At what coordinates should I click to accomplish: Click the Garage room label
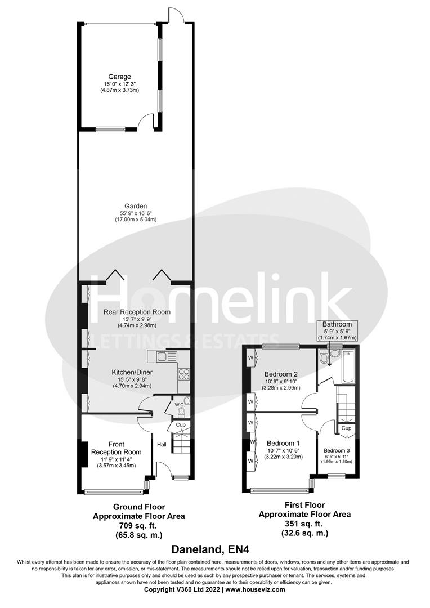(120, 77)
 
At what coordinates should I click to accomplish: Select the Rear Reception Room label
(137, 311)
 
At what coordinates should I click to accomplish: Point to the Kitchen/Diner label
(132, 372)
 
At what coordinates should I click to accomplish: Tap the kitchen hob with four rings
(184, 373)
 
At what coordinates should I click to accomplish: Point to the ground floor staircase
(181, 442)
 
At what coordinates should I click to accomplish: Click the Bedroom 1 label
(283, 442)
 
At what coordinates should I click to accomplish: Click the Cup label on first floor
(347, 428)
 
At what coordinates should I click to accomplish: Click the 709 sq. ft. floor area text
(139, 525)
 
